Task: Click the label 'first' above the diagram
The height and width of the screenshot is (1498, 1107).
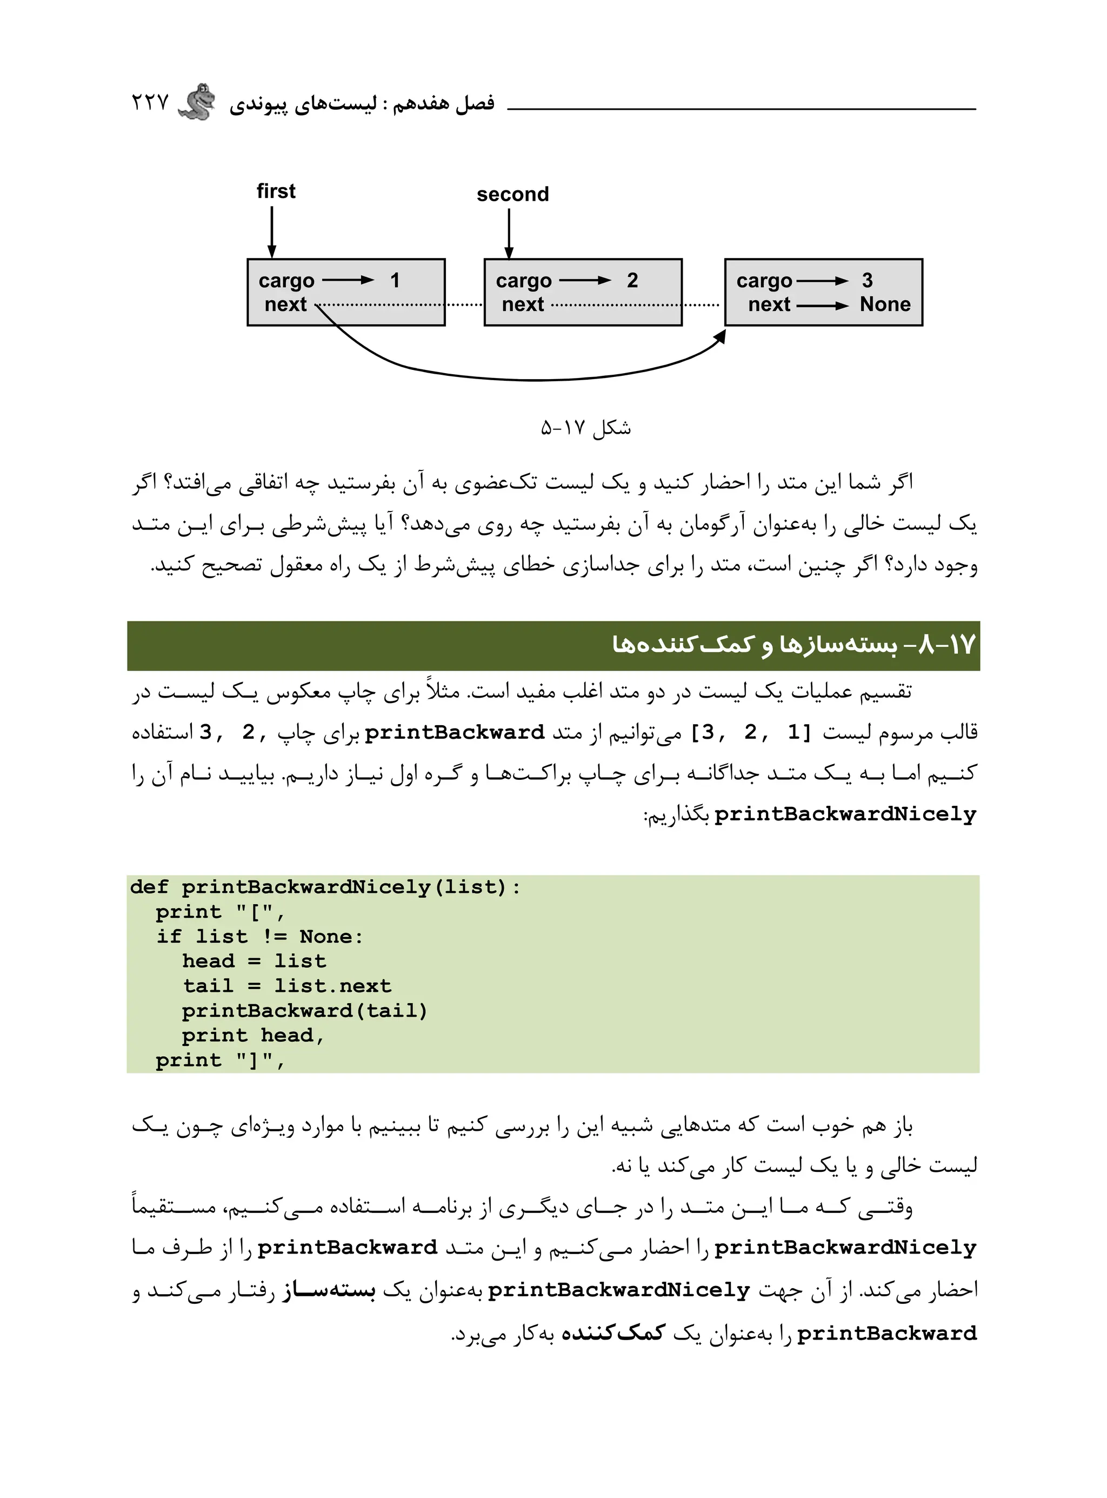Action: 276,191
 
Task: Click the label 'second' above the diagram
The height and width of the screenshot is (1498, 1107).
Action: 512,194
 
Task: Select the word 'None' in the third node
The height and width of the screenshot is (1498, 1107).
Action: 884,304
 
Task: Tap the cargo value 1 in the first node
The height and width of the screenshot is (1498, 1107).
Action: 395,280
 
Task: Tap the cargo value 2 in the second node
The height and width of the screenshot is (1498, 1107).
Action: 632,280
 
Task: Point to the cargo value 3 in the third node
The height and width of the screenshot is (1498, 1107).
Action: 867,280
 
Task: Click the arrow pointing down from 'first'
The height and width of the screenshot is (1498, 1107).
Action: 272,232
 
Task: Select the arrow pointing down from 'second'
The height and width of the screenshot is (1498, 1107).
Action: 509,233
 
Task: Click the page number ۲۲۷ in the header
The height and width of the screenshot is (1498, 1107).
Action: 150,103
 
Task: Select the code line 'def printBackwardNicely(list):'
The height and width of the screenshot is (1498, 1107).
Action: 324,887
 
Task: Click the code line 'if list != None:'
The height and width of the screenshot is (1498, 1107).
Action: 259,936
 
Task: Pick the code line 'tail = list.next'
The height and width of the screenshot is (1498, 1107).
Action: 287,986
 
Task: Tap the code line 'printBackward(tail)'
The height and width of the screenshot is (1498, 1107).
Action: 304,1011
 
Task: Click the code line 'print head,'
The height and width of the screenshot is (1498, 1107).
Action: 252,1036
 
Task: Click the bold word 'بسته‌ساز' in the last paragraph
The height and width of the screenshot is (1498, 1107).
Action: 328,1290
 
